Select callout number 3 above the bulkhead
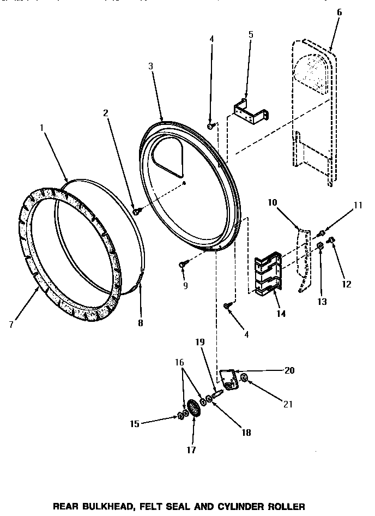coord(150,66)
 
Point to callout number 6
coord(339,11)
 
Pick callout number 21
coord(288,404)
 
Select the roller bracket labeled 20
coord(229,379)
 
